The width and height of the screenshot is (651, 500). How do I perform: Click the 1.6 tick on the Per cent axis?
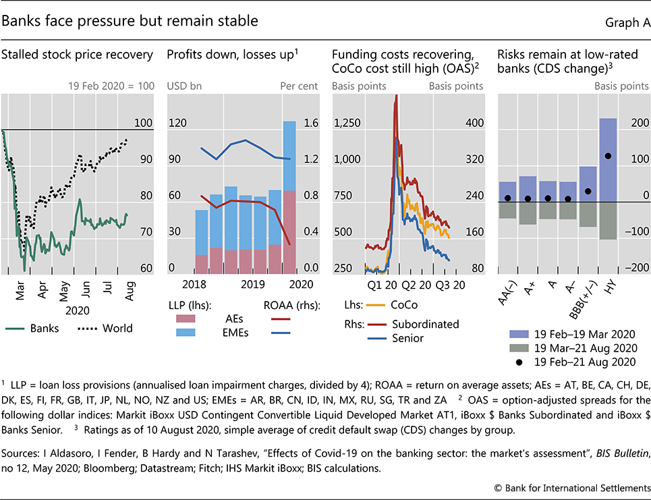pyautogui.click(x=294, y=123)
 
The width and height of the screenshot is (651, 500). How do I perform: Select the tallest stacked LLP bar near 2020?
pyautogui.click(x=289, y=196)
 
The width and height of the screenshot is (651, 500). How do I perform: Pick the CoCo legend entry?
pyautogui.click(x=412, y=305)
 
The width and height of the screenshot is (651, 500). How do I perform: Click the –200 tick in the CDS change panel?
pyautogui.click(x=635, y=269)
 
